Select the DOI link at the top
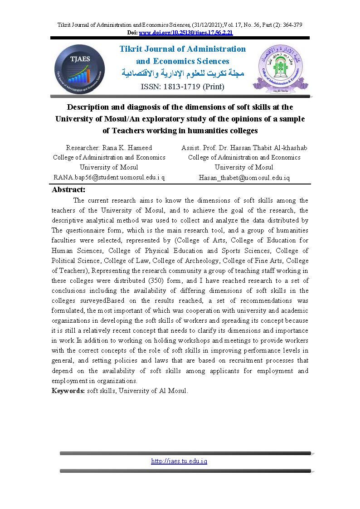click(x=186, y=33)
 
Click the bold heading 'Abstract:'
click(x=69, y=190)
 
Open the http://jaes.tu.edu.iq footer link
click(x=179, y=461)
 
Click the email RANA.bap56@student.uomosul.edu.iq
click(x=109, y=178)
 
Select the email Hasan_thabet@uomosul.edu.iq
click(x=244, y=178)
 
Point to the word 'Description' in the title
click(x=90, y=107)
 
